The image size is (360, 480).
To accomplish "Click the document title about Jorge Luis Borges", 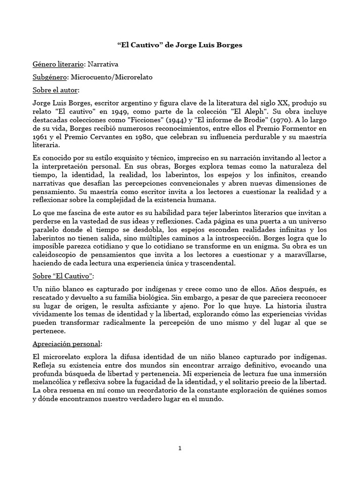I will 180,46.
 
